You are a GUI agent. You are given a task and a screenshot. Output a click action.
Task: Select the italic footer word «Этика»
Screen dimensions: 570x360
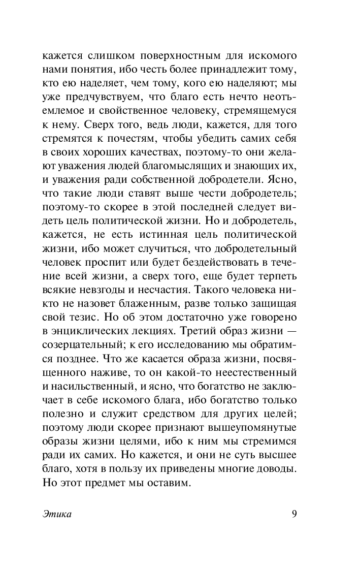pos(56,514)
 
